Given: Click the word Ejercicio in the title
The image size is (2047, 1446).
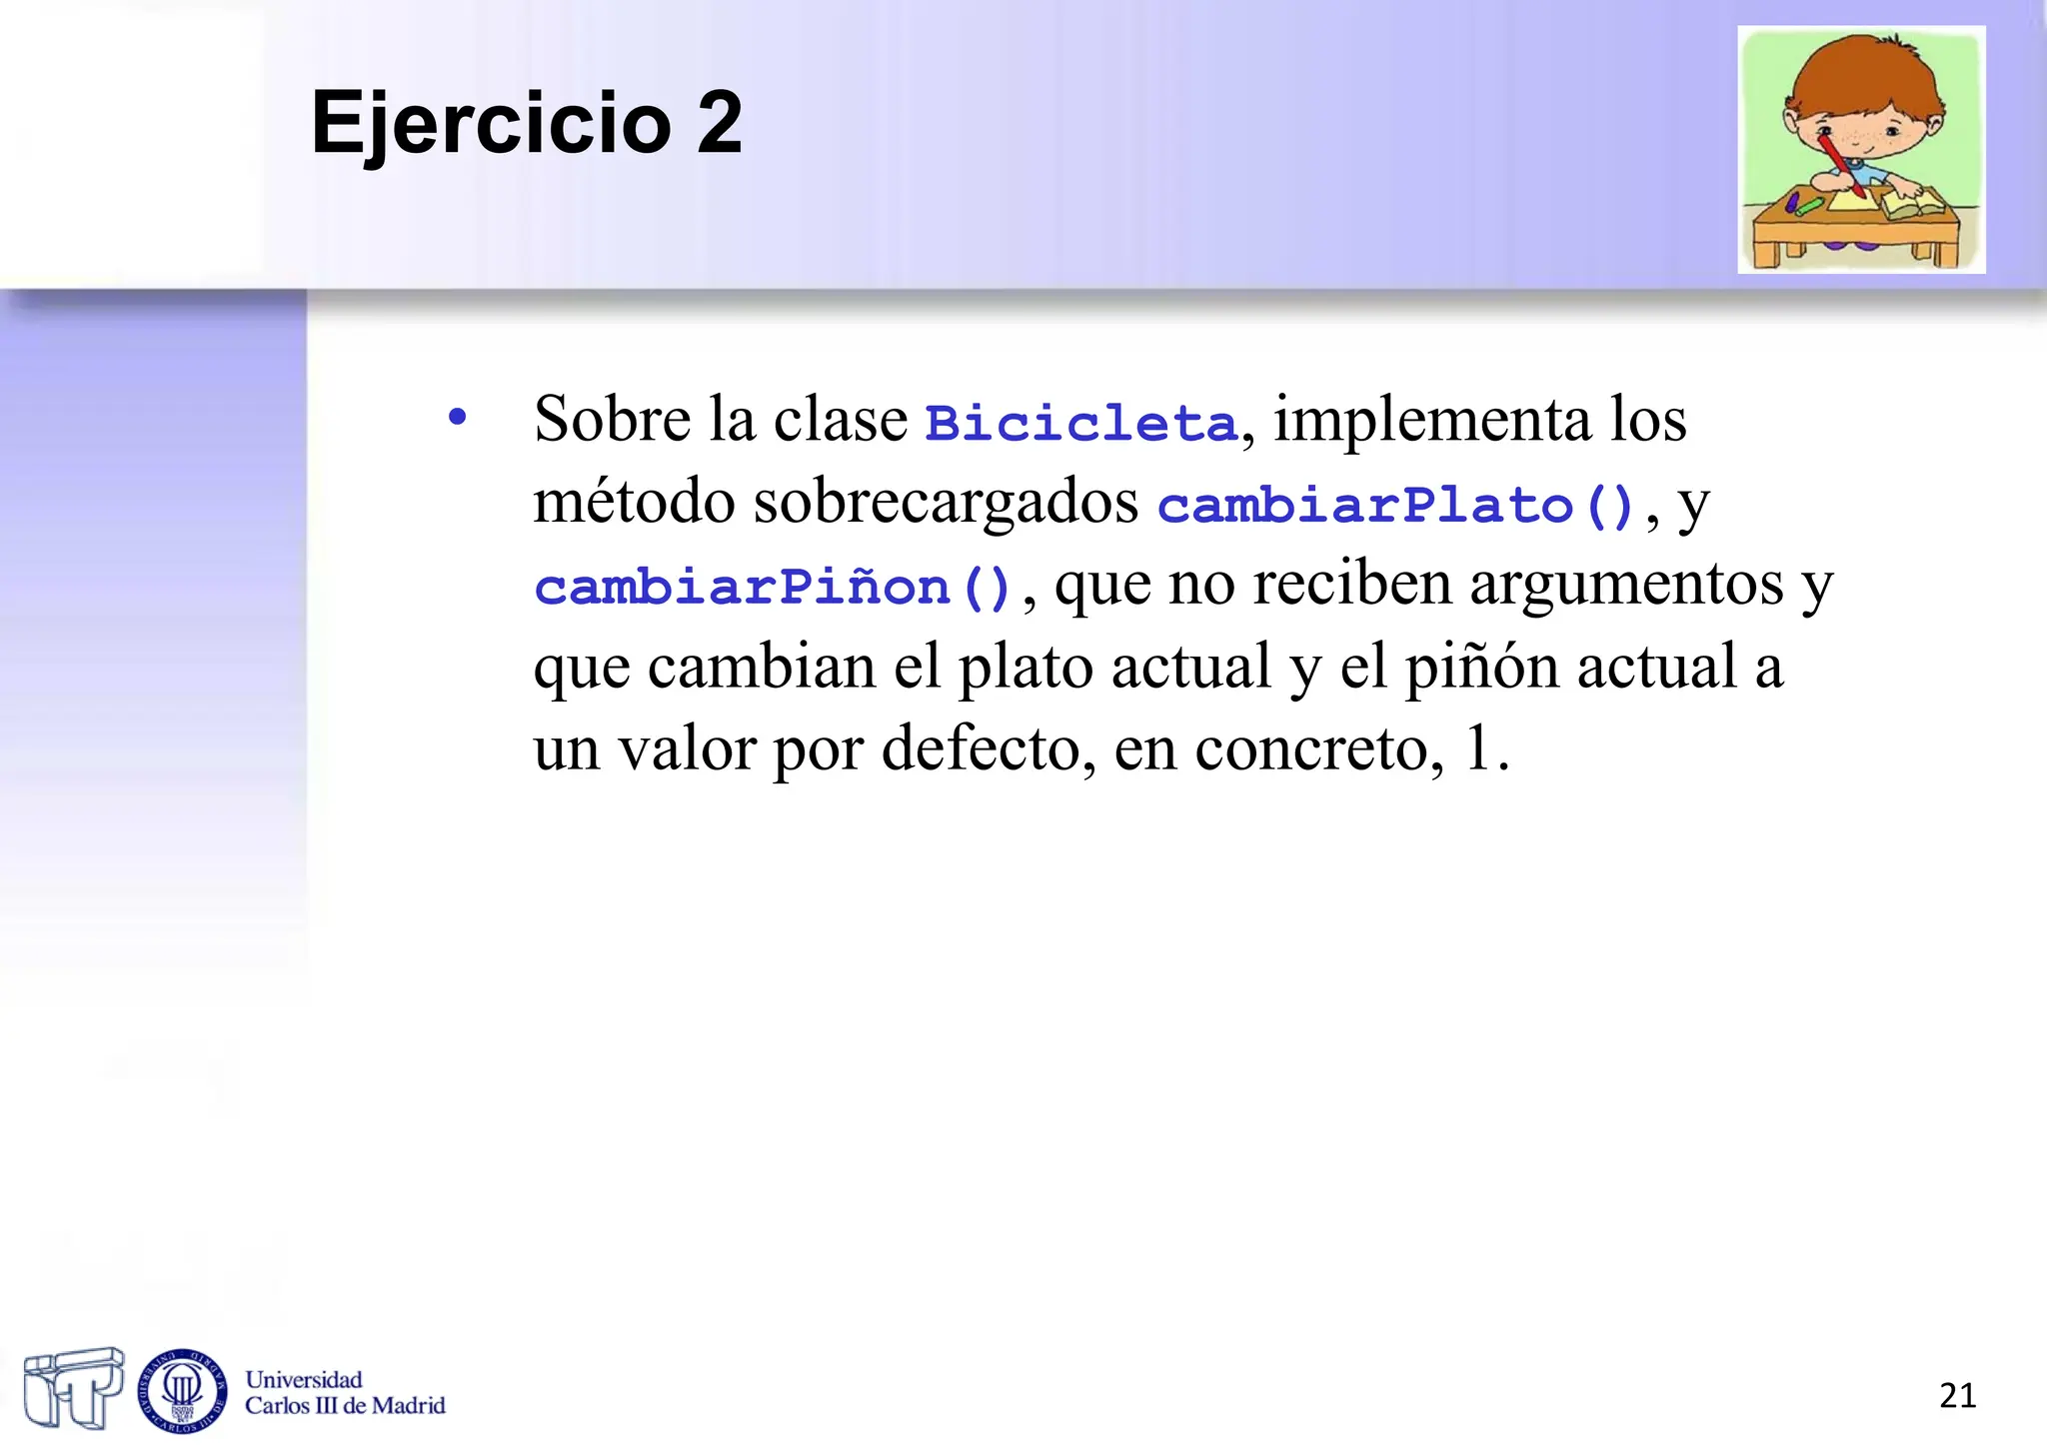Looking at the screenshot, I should [x=491, y=123].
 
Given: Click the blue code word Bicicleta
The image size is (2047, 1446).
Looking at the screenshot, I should [x=1081, y=423].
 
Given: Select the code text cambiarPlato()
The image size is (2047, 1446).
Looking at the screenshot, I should [x=1395, y=505].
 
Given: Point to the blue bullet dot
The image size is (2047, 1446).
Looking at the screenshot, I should [x=458, y=418].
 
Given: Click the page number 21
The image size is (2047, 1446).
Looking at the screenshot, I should [x=1957, y=1395].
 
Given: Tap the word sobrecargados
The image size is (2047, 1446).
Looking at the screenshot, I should [x=946, y=502].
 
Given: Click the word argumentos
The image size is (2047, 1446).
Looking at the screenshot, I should [x=1626, y=584].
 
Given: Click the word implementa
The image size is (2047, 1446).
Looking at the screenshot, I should [x=1431, y=420].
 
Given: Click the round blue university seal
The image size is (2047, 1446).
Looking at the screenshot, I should [x=182, y=1390].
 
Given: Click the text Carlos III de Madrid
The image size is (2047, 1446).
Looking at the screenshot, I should [x=345, y=1406].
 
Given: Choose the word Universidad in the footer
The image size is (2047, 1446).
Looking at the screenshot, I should [x=304, y=1380].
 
